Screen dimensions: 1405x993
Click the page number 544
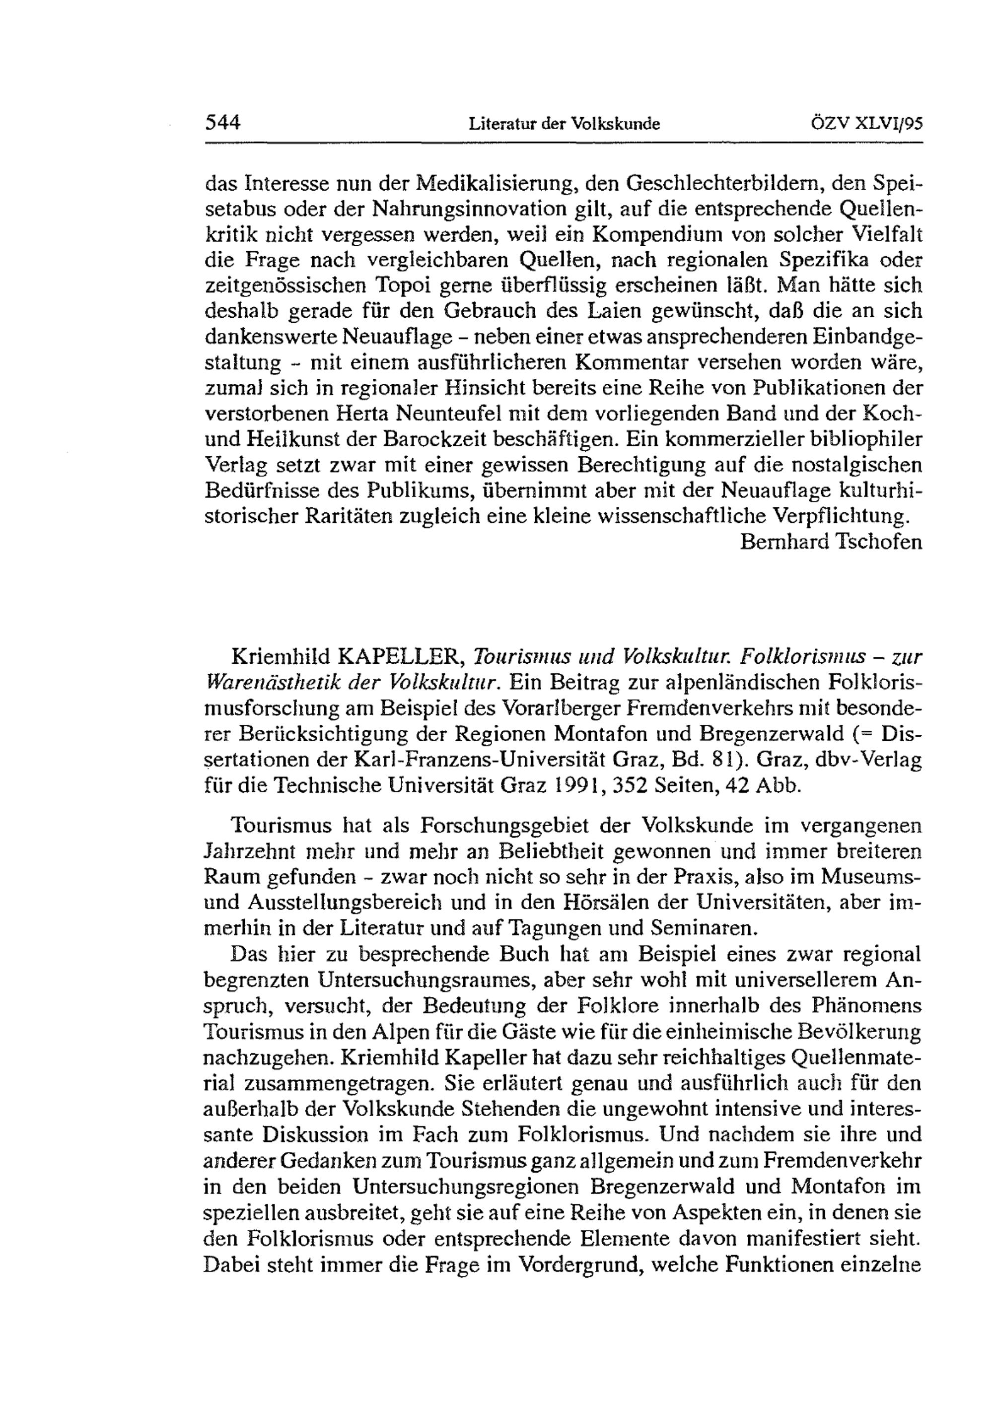point(223,123)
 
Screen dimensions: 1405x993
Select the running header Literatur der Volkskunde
point(564,124)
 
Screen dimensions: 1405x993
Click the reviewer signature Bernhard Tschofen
point(830,542)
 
